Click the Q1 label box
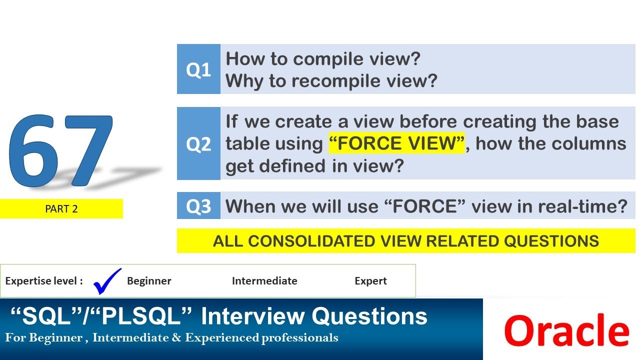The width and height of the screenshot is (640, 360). (x=198, y=69)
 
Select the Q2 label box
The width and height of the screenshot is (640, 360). (x=198, y=143)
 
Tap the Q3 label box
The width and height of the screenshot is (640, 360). (x=198, y=205)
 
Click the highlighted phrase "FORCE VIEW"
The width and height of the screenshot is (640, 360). (x=397, y=143)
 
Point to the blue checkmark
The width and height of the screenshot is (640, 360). (x=107, y=281)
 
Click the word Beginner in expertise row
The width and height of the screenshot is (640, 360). (x=149, y=281)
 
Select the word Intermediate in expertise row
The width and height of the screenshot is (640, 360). (x=264, y=281)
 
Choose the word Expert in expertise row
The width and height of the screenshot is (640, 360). (x=370, y=281)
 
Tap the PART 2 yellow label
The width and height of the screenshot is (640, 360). (x=61, y=209)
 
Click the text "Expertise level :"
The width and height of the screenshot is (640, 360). (x=44, y=281)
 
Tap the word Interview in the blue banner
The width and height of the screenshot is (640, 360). (x=253, y=316)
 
